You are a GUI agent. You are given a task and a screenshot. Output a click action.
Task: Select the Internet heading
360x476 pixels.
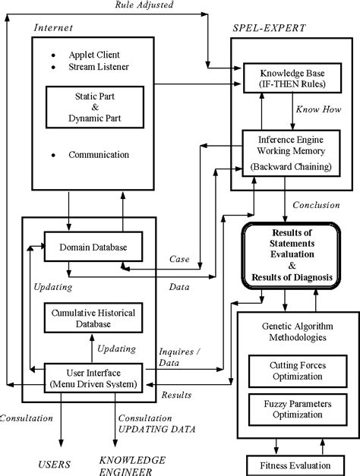52,28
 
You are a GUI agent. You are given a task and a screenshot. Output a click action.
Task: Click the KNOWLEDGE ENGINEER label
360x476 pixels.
131,466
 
